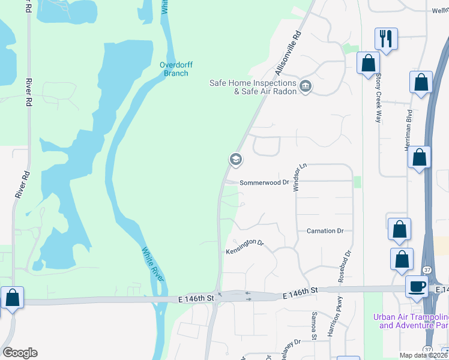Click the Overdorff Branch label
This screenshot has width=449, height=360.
pos(174,69)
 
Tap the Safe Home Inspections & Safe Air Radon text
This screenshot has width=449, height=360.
pos(253,87)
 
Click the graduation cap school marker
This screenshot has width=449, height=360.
pos(235,160)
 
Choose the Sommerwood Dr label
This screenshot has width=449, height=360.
pos(264,182)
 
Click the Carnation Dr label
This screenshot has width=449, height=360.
pos(325,230)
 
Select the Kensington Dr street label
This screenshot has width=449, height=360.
pos(245,247)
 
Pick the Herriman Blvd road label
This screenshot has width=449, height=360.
pos(409,129)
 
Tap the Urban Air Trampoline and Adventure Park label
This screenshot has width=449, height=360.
pos(411,321)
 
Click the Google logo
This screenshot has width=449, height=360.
pos(20,353)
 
